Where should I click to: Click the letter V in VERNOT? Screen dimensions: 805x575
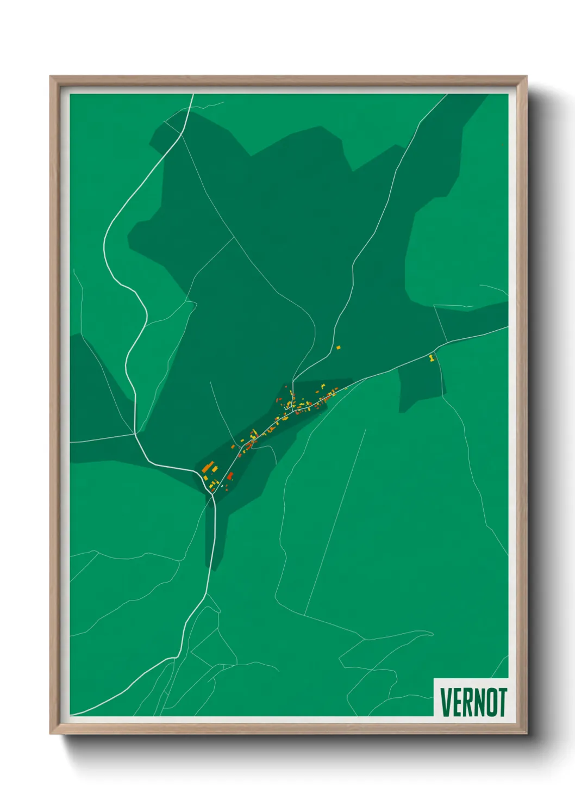pyautogui.click(x=446, y=703)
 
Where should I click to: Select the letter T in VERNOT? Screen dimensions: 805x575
pyautogui.click(x=502, y=703)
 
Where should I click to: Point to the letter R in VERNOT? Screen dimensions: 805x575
pyautogui.click(x=467, y=703)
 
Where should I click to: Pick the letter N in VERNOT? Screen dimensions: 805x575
pyautogui.click(x=478, y=703)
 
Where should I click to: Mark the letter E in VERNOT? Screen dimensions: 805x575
pyautogui.click(x=457, y=703)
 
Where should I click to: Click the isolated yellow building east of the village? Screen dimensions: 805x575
pyautogui.click(x=432, y=358)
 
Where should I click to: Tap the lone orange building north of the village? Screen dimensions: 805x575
pyautogui.click(x=338, y=347)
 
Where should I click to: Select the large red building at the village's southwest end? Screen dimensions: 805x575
pyautogui.click(x=230, y=476)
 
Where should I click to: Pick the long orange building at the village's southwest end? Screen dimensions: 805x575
pyautogui.click(x=208, y=467)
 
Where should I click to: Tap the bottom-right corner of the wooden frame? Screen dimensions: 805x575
pyautogui.click(x=526, y=733)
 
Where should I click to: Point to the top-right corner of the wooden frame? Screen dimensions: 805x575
pyautogui.click(x=526, y=77)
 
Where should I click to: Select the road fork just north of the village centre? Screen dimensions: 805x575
pyautogui.click(x=293, y=379)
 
